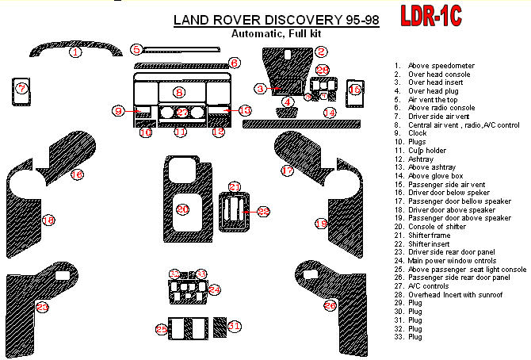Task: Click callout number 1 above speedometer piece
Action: [x=75, y=52]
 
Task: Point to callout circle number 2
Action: [x=321, y=52]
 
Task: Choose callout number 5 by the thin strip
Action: [x=136, y=49]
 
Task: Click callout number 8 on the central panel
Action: [x=180, y=92]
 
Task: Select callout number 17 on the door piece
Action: [x=288, y=170]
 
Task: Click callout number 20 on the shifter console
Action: [x=182, y=209]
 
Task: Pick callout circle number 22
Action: [x=263, y=210]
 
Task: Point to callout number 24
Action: [x=214, y=290]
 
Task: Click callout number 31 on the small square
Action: [x=234, y=326]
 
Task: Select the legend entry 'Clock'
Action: [x=417, y=133]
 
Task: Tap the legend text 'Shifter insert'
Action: [x=431, y=243]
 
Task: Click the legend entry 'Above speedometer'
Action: [x=435, y=65]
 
